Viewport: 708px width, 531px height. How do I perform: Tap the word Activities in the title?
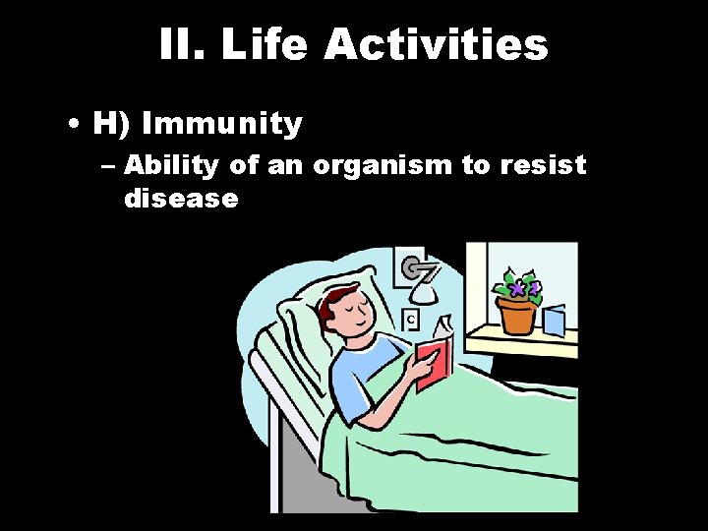tap(437, 44)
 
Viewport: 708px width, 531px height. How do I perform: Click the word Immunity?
tap(222, 124)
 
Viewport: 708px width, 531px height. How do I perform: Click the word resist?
tap(542, 164)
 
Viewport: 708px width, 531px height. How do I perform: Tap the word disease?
tap(181, 198)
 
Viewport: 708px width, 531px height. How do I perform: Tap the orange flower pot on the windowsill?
tap(516, 315)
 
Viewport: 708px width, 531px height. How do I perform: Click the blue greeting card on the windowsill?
tap(555, 321)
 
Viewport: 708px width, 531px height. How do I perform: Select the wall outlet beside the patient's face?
tap(411, 319)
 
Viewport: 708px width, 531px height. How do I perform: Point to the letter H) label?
tap(111, 124)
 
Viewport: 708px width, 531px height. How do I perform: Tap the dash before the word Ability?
tap(107, 165)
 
